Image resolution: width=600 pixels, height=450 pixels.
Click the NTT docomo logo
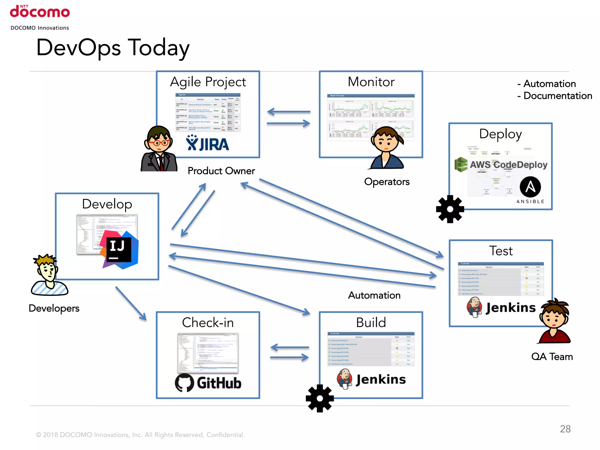pyautogui.click(x=40, y=12)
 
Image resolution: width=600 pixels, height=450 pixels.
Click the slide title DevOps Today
pyautogui.click(x=113, y=48)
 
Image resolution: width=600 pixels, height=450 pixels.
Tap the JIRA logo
pyautogui.click(x=207, y=144)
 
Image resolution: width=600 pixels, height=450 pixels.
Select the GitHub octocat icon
pyautogui.click(x=185, y=383)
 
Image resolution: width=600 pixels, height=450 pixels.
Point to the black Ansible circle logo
pyautogui.click(x=530, y=187)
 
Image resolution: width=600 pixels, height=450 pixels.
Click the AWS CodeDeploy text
pyautogui.click(x=508, y=165)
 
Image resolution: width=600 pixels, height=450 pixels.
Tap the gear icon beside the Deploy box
pyautogui.click(x=450, y=209)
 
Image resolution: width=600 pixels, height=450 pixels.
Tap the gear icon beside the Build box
pyautogui.click(x=320, y=398)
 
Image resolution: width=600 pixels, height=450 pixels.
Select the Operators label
pyautogui.click(x=387, y=182)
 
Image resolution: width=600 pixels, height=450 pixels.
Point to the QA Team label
pyautogui.click(x=552, y=357)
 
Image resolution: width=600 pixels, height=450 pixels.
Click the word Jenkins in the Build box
pyautogui.click(x=381, y=379)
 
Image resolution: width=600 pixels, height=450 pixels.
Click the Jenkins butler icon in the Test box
pyautogui.click(x=474, y=307)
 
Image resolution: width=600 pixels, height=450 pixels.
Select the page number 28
pyautogui.click(x=565, y=429)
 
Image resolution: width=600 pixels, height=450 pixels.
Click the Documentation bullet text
pyautogui.click(x=558, y=96)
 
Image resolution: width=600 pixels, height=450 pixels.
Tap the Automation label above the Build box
pyautogui.click(x=374, y=295)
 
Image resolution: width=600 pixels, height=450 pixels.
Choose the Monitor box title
pyautogui.click(x=371, y=82)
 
